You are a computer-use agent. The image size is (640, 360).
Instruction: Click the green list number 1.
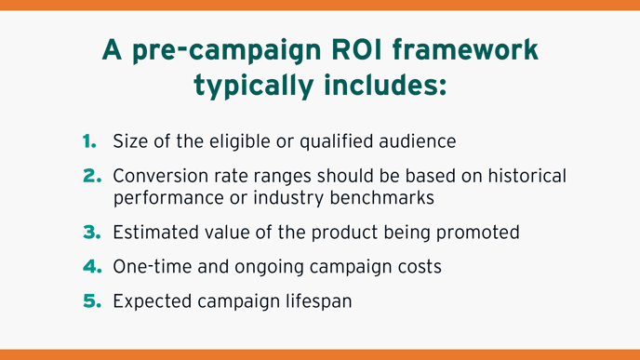tap(89, 141)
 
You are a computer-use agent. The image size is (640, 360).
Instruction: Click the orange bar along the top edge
tap(320, 5)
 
